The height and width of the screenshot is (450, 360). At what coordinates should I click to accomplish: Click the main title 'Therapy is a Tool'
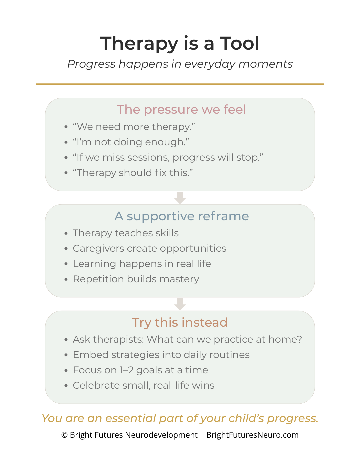180,43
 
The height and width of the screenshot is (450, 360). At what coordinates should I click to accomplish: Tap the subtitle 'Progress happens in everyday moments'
180,64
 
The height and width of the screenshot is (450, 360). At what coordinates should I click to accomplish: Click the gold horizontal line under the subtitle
180,84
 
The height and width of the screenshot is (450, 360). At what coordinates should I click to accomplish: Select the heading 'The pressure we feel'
181,109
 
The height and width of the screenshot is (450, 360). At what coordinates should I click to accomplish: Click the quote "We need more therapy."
134,127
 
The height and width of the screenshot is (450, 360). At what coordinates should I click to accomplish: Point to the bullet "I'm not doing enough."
131,142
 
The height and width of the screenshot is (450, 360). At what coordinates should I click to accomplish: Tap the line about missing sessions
168,157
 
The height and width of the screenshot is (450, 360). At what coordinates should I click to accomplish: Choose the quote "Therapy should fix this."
133,173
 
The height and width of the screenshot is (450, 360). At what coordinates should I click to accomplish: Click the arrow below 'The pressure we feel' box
180,198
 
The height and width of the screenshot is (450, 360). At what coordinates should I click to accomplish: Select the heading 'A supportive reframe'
182,216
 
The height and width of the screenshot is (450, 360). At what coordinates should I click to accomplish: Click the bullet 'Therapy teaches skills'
126,233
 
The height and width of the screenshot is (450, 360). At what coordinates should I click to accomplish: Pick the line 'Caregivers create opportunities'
150,248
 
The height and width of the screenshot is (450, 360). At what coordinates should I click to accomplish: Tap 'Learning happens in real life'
142,264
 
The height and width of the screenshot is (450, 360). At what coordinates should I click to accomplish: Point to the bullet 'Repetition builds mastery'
136,279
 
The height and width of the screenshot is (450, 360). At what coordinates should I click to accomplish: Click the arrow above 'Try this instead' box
180,304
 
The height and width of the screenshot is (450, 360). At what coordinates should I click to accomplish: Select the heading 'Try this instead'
180,322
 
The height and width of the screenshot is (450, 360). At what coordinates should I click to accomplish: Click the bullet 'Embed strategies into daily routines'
161,355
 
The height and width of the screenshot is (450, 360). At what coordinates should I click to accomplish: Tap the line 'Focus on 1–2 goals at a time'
140,370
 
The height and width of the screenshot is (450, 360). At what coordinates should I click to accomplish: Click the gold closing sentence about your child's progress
180,418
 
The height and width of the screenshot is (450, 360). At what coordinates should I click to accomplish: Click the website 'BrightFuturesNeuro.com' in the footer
252,435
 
